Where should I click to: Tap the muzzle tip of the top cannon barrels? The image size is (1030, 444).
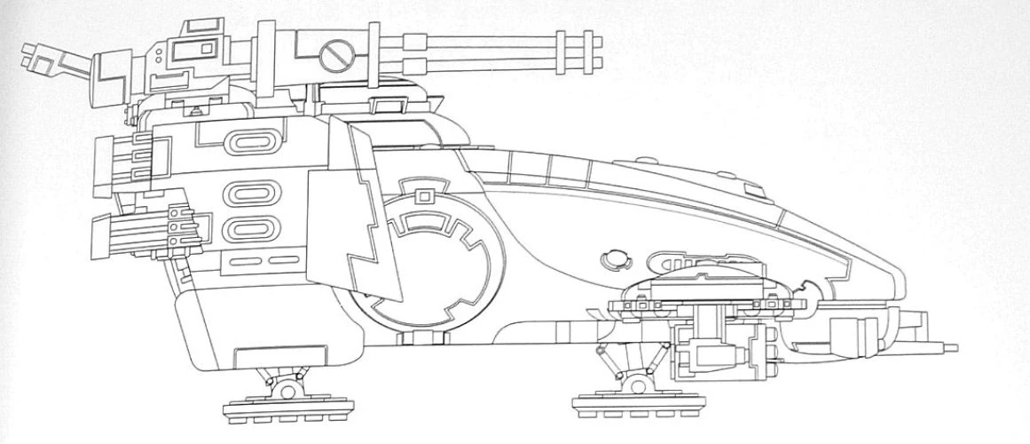596,52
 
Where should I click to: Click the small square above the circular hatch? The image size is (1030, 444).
425,194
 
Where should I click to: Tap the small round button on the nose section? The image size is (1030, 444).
611,261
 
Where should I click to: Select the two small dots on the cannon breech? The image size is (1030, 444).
158,56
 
